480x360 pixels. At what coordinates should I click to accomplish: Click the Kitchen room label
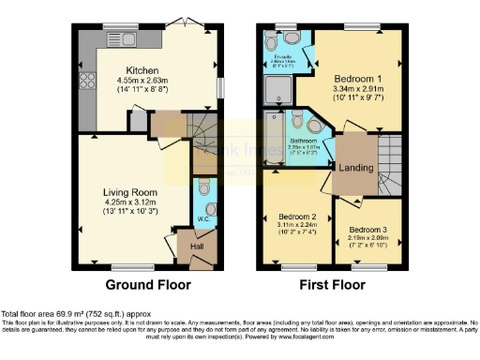click(143, 70)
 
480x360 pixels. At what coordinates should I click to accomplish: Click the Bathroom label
click(302, 140)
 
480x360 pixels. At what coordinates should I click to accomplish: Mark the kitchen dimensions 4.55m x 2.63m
click(143, 80)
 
